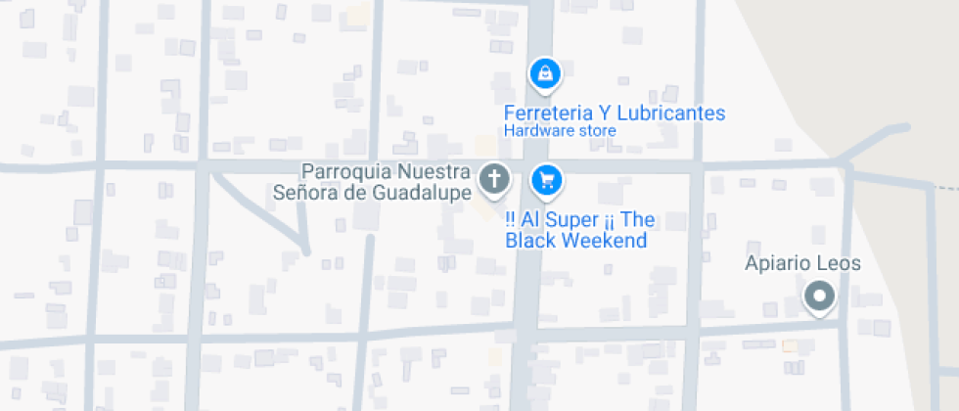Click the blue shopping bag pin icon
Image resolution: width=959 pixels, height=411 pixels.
point(544,72)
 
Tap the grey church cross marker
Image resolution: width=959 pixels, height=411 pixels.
point(494,179)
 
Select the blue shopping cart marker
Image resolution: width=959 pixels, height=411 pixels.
point(545,179)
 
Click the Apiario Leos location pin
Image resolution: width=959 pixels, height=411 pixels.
point(818,296)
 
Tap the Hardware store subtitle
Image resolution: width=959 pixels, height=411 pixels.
point(560,130)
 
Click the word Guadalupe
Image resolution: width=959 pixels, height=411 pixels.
point(423,191)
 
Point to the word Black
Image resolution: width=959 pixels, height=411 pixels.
point(532,240)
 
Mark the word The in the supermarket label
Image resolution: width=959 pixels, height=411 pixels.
point(637,219)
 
